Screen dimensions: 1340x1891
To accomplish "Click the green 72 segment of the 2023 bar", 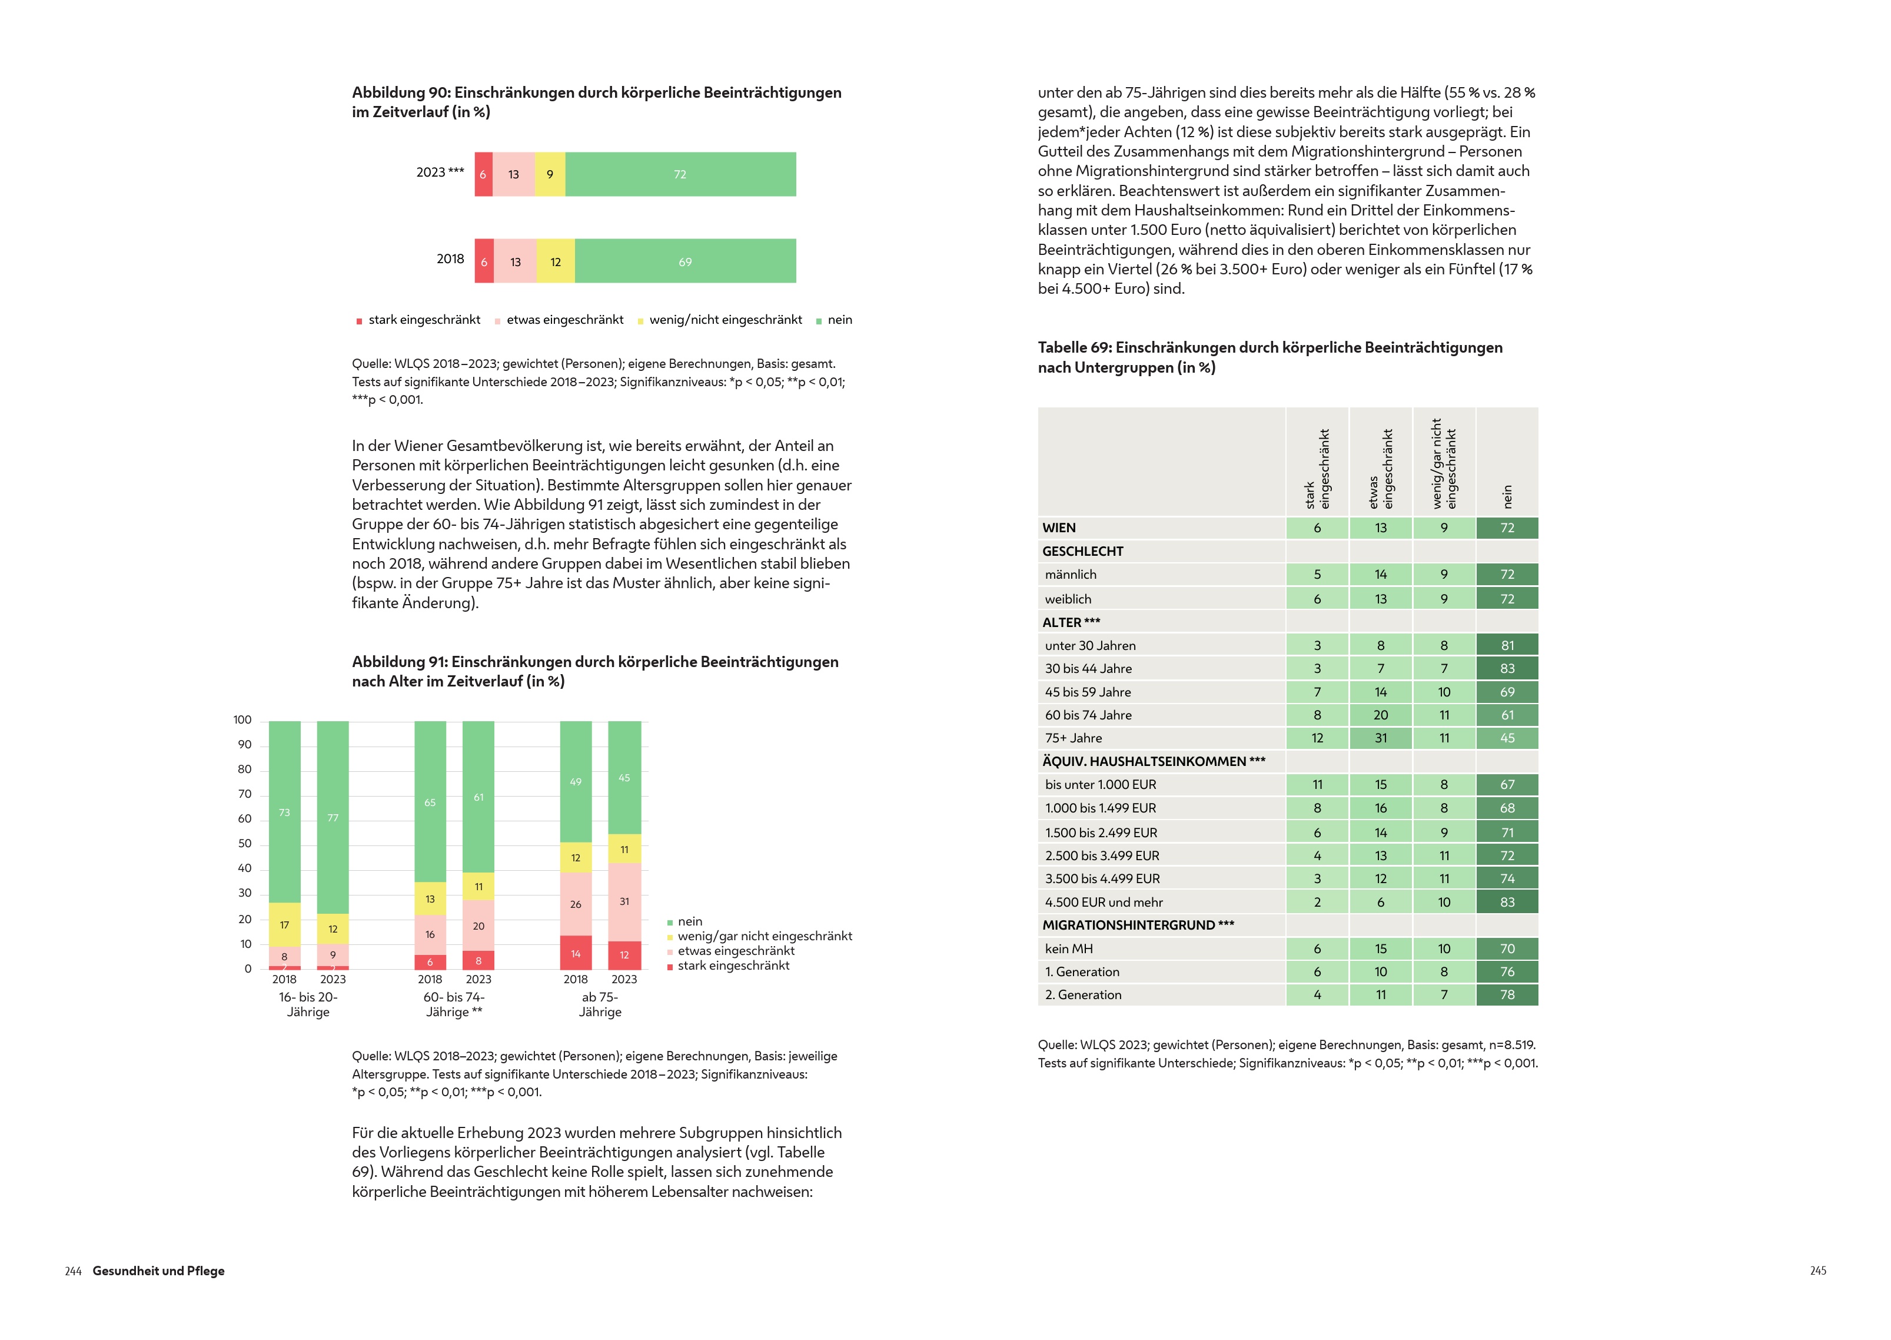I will (x=680, y=174).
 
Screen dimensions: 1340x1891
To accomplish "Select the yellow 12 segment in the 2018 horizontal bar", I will (x=555, y=261).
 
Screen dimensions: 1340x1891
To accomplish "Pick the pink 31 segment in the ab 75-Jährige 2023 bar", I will (x=624, y=901).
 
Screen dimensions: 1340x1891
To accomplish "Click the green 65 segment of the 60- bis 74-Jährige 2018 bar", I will (x=430, y=801).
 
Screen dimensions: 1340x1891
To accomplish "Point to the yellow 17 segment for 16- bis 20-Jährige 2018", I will (x=284, y=924).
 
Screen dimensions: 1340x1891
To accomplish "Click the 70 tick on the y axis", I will (x=245, y=794).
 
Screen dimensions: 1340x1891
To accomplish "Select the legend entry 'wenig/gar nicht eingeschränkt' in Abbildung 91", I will (x=765, y=936).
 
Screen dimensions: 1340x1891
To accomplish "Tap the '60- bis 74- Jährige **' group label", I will (x=454, y=1004).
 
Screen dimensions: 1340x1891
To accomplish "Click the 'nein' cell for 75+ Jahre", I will (x=1507, y=738).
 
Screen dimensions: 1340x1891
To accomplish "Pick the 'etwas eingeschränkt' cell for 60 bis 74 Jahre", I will (x=1381, y=715).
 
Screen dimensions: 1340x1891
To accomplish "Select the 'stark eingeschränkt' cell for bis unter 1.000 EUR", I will (x=1317, y=784).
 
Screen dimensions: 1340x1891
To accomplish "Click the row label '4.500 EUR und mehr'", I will (x=1104, y=902).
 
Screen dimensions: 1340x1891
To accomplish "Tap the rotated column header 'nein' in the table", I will (x=1507, y=496).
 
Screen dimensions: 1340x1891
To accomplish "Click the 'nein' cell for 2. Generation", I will (x=1507, y=994).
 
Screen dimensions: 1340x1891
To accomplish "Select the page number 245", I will (x=1817, y=1271).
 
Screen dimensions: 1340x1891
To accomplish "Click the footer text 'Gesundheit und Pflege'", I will (x=158, y=1271).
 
